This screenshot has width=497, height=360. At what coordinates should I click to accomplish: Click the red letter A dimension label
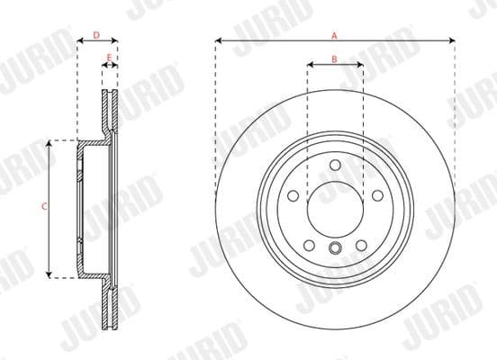click(x=334, y=34)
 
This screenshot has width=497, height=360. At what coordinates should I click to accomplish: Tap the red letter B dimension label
click(x=334, y=58)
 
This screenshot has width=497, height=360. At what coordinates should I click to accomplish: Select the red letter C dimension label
click(x=44, y=207)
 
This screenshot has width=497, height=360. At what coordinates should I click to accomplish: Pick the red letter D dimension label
click(x=96, y=34)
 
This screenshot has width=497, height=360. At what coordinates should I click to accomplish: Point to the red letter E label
click(x=110, y=58)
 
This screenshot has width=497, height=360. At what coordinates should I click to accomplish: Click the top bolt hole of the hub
click(x=334, y=165)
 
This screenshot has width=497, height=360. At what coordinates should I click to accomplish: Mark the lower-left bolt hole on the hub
click(x=309, y=244)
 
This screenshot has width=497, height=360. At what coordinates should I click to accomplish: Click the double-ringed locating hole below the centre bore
click(x=334, y=249)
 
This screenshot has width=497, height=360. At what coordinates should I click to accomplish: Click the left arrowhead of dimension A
click(x=219, y=40)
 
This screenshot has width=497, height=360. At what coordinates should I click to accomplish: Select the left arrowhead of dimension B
click(x=311, y=65)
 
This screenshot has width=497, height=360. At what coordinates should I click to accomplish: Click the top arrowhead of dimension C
click(x=50, y=143)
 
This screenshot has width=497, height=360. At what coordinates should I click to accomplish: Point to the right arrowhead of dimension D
click(x=115, y=40)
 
